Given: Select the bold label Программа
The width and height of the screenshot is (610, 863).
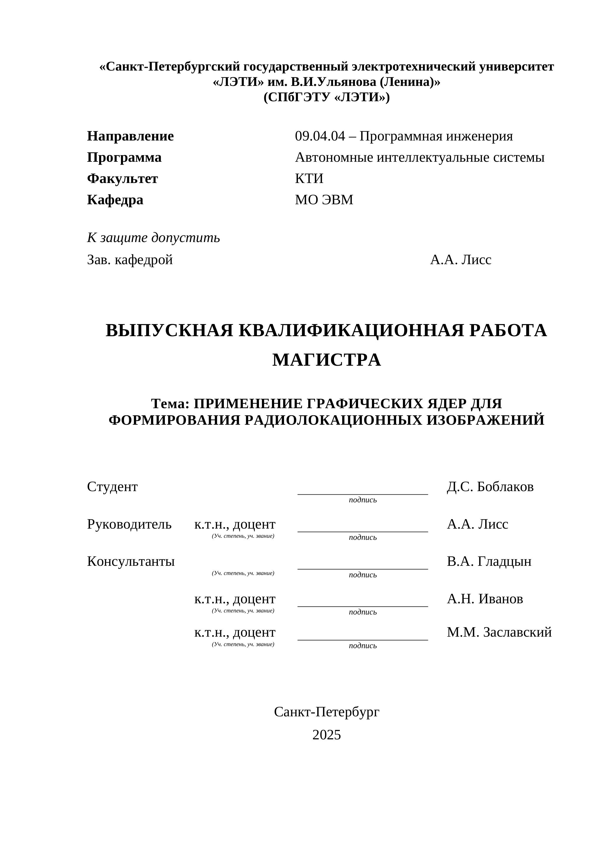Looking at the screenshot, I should tap(124, 158).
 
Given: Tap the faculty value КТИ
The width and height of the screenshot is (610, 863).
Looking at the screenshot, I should tap(309, 179).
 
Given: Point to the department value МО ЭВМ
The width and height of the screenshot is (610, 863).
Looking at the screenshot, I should tap(324, 200).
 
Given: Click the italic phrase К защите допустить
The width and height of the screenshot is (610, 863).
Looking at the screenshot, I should tap(153, 238).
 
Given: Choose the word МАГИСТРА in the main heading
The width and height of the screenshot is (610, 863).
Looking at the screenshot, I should tap(327, 360).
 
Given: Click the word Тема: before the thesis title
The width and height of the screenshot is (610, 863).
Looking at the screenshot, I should tap(170, 404).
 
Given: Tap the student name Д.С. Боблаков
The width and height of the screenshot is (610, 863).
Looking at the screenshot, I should tap(490, 487).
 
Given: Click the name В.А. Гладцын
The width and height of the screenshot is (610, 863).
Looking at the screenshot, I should tap(489, 562).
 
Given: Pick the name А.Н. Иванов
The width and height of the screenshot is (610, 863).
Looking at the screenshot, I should tap(485, 599).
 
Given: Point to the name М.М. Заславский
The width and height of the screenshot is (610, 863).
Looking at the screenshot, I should tap(499, 632).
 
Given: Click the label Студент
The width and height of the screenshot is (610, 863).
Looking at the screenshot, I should tap(112, 487).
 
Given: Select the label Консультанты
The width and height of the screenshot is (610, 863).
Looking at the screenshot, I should tap(131, 562).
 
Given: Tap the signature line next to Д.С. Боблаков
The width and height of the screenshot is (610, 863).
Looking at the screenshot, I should tap(363, 493).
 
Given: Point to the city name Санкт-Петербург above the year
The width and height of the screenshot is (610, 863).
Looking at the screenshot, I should tap(327, 712).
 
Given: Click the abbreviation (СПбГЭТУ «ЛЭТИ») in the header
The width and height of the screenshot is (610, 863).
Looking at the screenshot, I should tap(327, 97).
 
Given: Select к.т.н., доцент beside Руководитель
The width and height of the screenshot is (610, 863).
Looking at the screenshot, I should tap(235, 524).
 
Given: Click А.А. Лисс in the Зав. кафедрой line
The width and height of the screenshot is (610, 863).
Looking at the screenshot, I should tap(460, 260).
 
